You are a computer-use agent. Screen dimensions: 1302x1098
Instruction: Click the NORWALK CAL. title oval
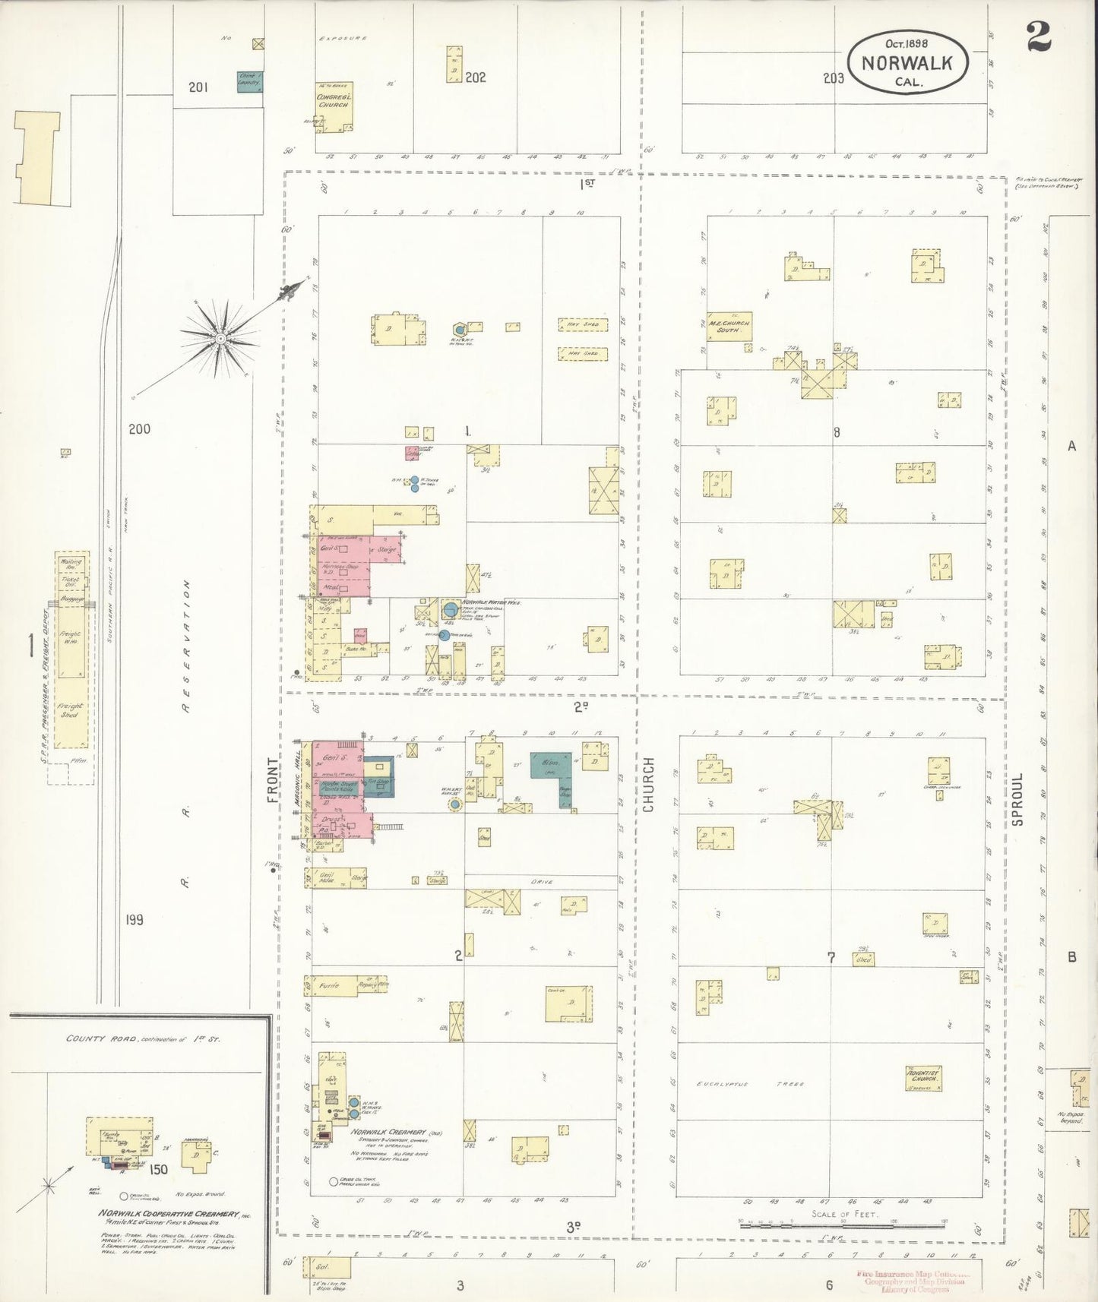[x=908, y=62]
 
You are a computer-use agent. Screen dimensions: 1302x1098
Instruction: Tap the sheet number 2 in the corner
[x=1038, y=36]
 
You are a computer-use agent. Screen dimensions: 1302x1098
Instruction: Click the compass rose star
[x=221, y=337]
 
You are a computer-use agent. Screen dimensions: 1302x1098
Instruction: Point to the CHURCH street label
[x=648, y=785]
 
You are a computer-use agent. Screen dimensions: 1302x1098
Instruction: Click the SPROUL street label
[x=1017, y=799]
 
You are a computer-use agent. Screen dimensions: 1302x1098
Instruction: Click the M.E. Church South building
[x=729, y=327]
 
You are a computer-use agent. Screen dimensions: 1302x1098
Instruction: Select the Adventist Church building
[x=923, y=1077]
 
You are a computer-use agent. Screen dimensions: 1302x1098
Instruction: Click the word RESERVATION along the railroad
[x=187, y=647]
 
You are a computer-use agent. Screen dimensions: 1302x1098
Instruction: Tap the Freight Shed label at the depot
[x=69, y=710]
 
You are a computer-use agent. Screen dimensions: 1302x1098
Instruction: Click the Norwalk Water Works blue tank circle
[x=451, y=609]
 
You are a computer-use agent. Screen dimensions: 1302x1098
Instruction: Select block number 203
[x=833, y=77]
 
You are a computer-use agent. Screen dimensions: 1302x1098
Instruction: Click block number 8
[x=837, y=433]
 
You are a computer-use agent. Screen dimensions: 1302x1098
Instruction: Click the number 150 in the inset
[x=158, y=1169]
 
